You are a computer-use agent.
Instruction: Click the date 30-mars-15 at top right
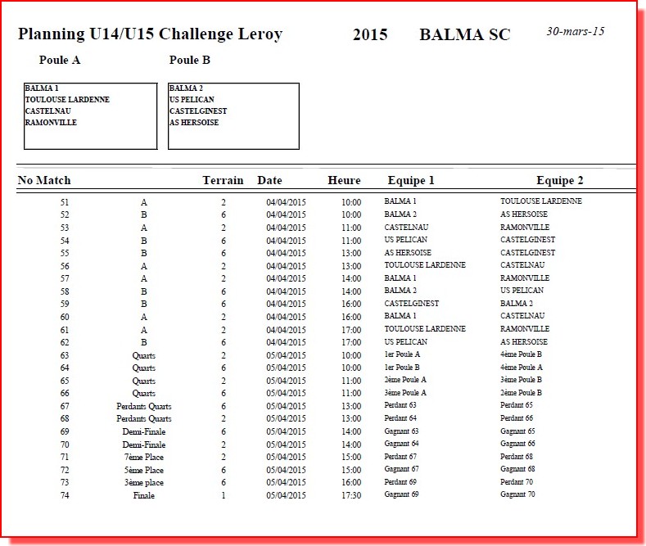[x=575, y=31]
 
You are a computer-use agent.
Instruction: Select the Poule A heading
[x=60, y=60]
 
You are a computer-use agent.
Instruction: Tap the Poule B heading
[x=190, y=60]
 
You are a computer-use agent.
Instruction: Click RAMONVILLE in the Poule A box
[x=51, y=123]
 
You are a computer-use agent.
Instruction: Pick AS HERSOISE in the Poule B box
[x=194, y=123]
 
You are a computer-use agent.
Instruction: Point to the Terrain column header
[x=223, y=180]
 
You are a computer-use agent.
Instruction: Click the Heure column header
[x=344, y=180]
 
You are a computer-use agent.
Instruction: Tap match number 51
[x=65, y=201]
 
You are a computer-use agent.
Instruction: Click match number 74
[x=65, y=495]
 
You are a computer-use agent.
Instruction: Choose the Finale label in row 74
[x=143, y=495]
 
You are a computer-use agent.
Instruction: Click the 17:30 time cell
[x=351, y=495]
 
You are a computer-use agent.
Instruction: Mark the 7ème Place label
[x=143, y=457]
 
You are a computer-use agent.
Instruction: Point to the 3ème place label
[x=143, y=482]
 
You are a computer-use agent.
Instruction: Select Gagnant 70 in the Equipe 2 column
[x=517, y=494]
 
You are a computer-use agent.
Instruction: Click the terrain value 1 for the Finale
[x=224, y=495]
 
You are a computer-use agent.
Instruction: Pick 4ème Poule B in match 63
[x=522, y=354]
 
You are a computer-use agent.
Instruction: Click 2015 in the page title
[x=370, y=34]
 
